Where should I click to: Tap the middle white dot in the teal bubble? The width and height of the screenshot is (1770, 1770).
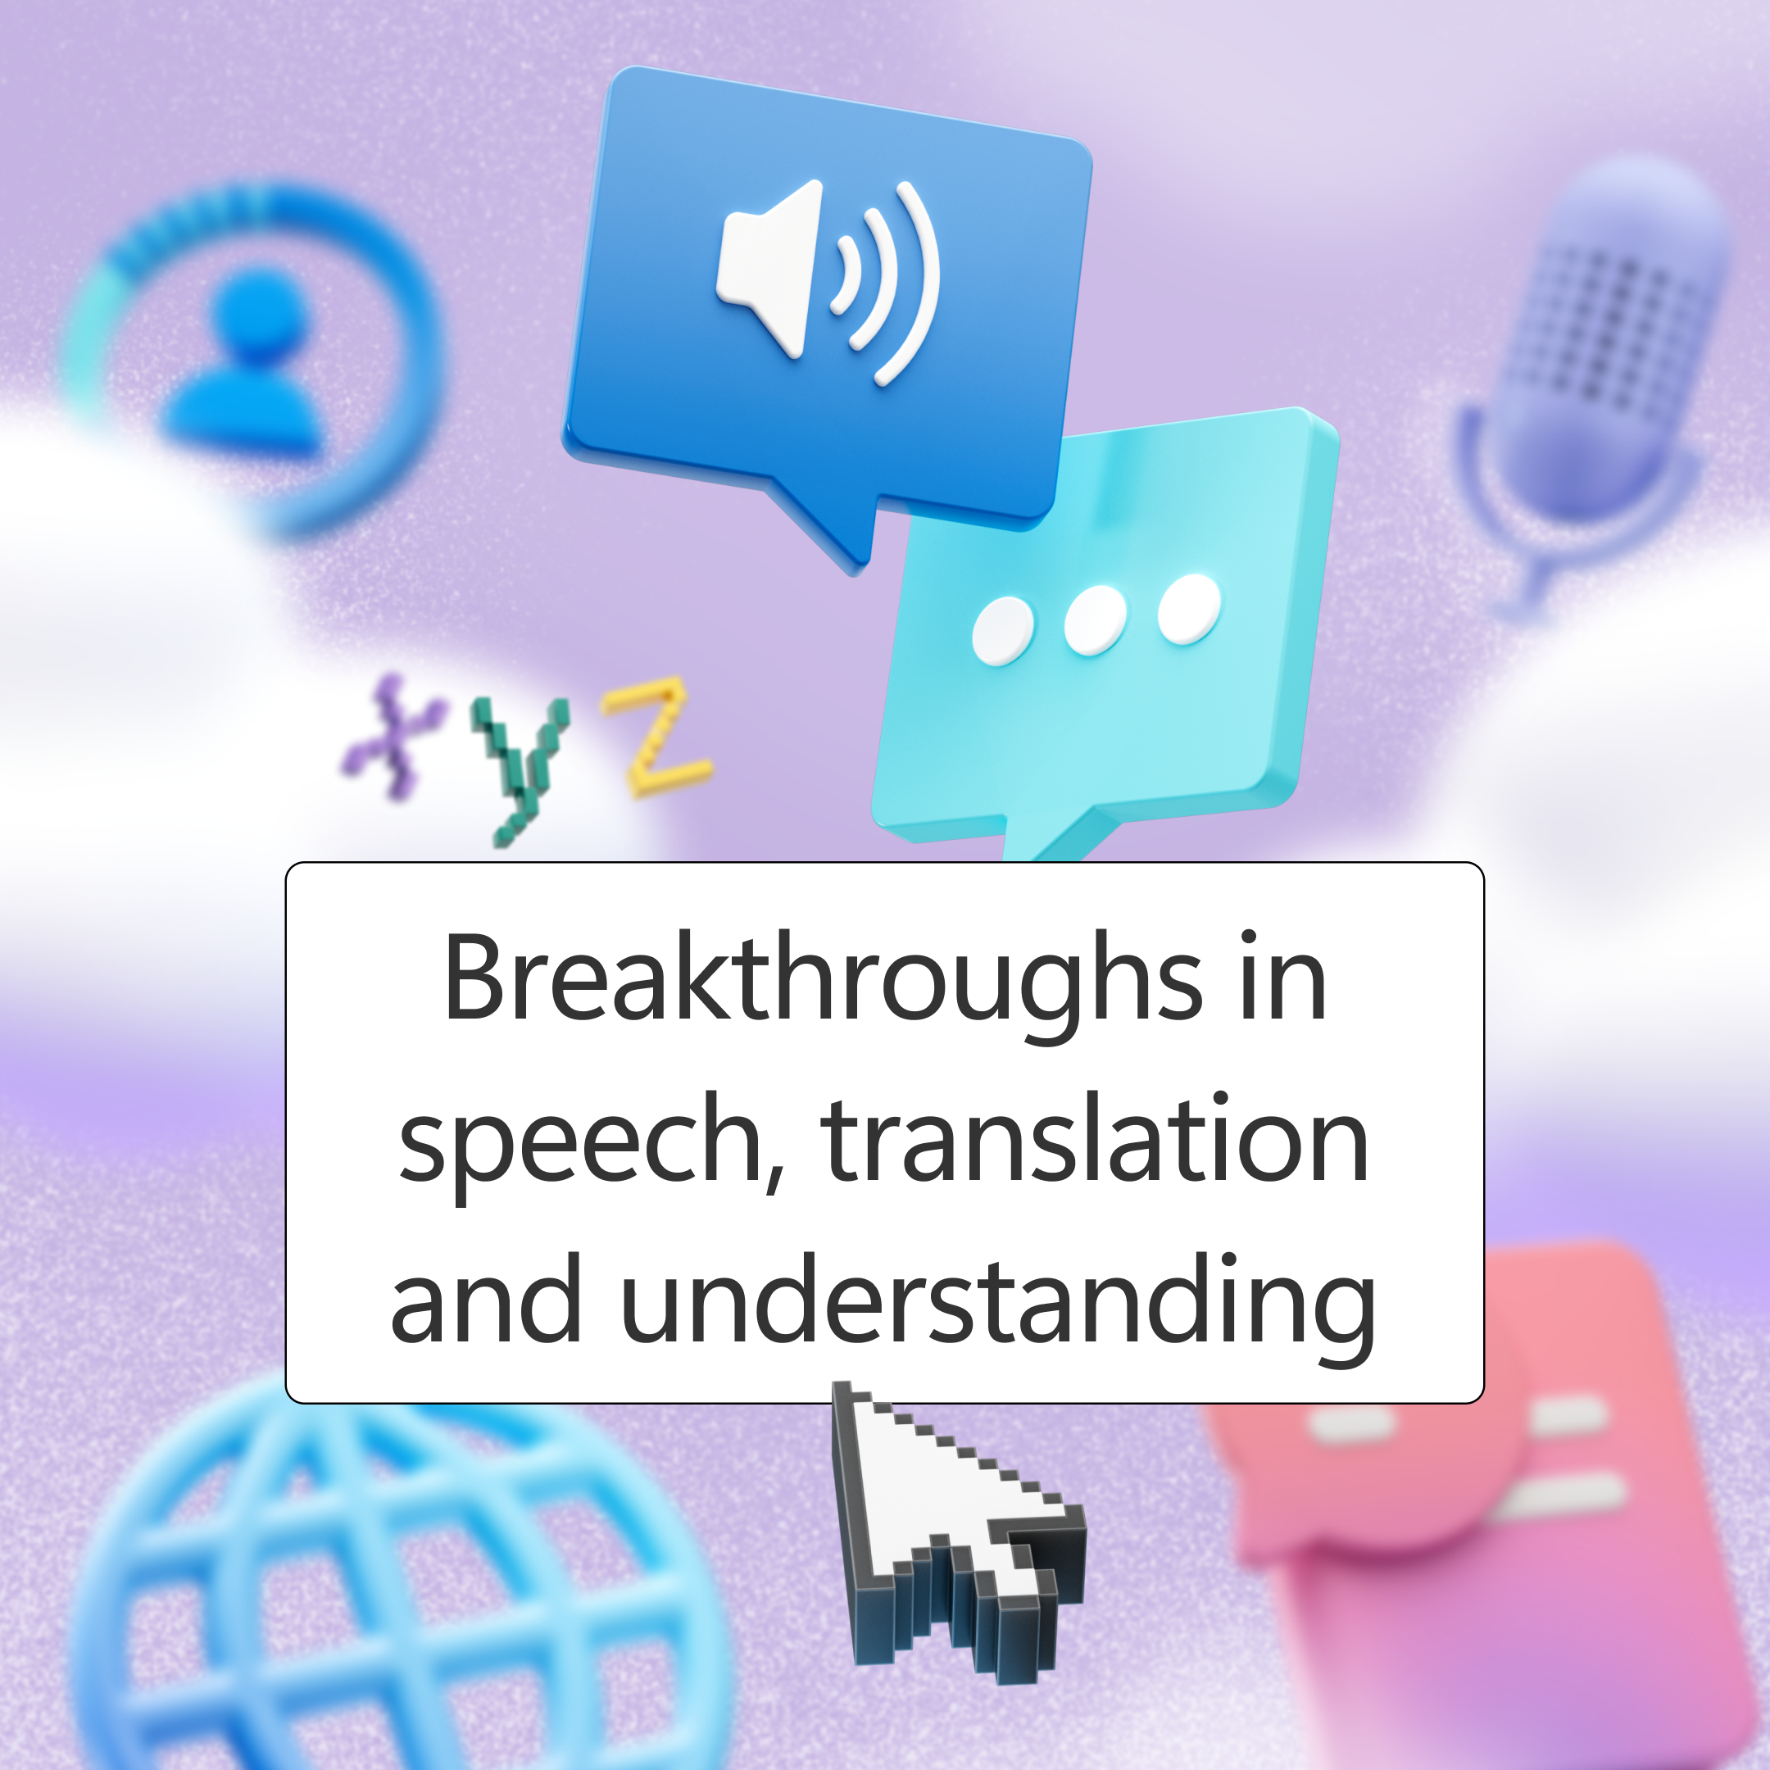[1096, 621]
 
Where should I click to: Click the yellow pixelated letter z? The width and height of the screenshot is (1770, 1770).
[655, 735]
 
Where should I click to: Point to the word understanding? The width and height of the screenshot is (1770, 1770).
[998, 1302]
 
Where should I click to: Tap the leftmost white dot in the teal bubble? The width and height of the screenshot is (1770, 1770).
[1002, 631]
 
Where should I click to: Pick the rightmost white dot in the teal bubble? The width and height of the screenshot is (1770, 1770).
[1189, 609]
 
